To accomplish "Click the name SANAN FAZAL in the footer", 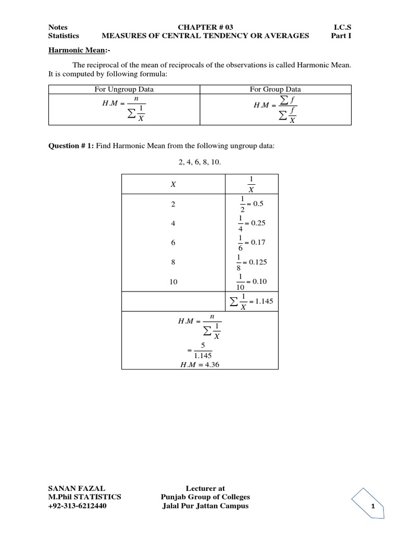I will point(77,488).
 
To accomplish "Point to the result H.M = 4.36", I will point(200,364).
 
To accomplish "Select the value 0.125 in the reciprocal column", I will point(258,262).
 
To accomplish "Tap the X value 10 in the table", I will point(173,282).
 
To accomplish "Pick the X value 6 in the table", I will point(173,243).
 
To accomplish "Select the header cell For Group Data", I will point(276,90).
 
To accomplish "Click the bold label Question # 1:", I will point(71,146).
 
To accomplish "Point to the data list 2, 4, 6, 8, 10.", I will point(200,162).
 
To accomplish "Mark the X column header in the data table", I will point(173,184).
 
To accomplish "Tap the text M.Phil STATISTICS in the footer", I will point(84,497).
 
